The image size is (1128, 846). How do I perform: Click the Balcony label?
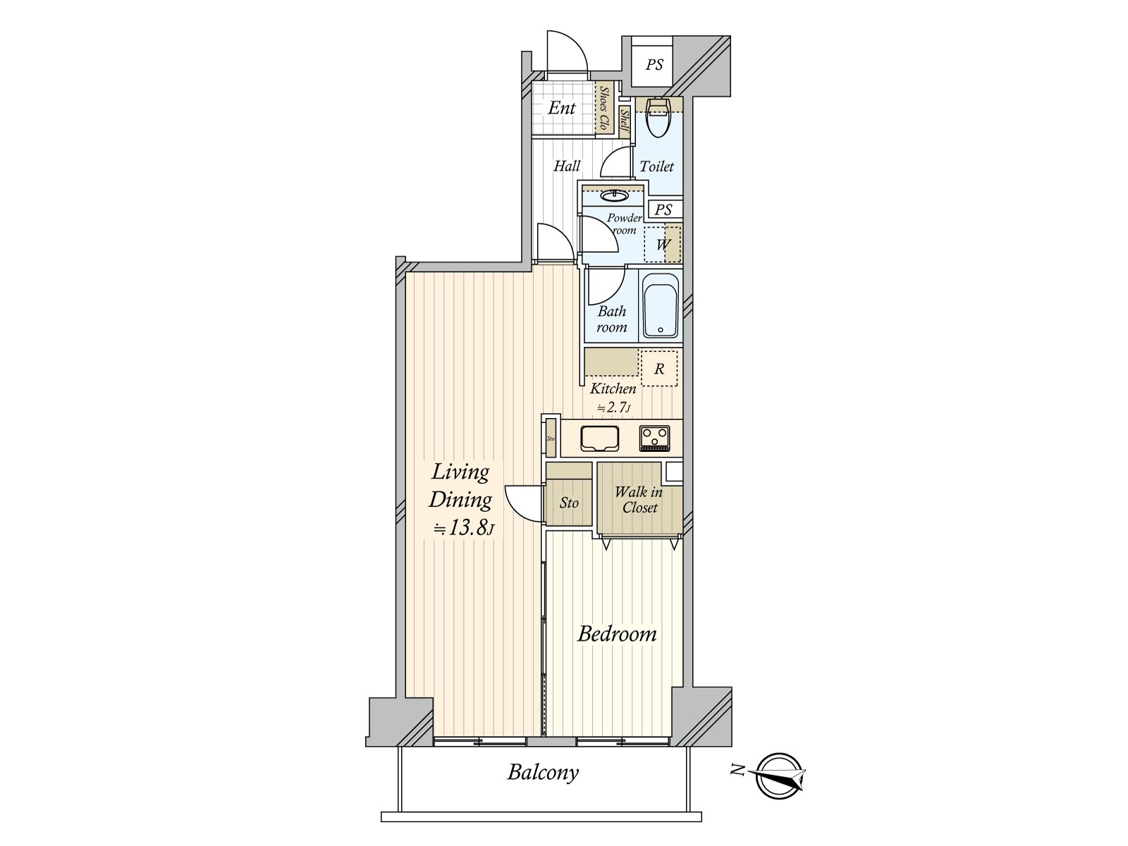[543, 772]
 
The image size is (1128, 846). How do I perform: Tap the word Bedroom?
[617, 634]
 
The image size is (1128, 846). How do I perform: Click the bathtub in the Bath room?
[661, 307]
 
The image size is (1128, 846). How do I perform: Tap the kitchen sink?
[600, 439]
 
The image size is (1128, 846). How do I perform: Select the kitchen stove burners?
[655, 438]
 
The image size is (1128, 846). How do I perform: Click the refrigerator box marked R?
[659, 369]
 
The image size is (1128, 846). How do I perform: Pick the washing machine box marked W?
[663, 245]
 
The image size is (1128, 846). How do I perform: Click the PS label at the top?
[654, 65]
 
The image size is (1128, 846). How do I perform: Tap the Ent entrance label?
[562, 108]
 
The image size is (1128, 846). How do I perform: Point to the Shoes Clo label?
[604, 108]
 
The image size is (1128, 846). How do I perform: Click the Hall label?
[567, 166]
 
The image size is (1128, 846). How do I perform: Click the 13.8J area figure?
[464, 528]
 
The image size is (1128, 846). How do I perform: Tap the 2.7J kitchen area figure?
[614, 407]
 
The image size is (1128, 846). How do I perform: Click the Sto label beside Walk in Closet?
[569, 503]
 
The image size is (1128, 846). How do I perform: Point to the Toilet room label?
[657, 166]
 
